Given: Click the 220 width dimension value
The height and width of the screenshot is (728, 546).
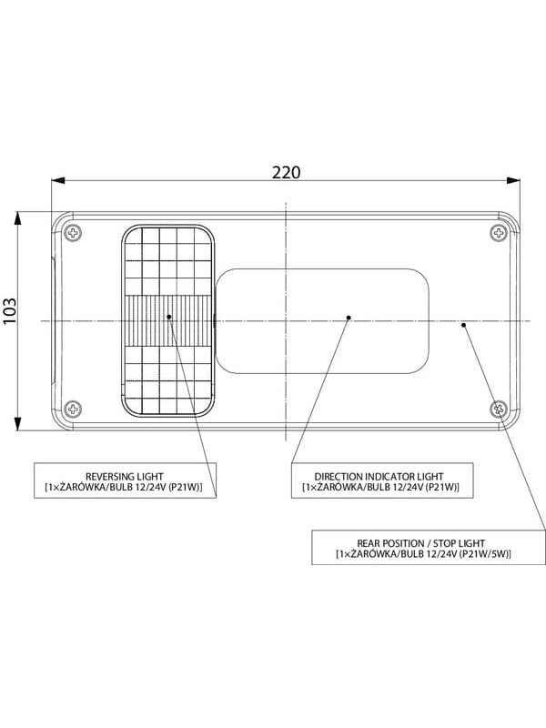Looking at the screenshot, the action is pyautogui.click(x=286, y=172).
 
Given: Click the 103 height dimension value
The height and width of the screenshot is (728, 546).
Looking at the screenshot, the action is pyautogui.click(x=10, y=310).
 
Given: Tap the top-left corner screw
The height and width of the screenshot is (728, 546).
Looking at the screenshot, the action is pyautogui.click(x=73, y=233).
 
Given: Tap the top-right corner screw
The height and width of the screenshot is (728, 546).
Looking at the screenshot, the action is pyautogui.click(x=498, y=232).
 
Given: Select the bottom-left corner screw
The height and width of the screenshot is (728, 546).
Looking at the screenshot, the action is pyautogui.click(x=73, y=409).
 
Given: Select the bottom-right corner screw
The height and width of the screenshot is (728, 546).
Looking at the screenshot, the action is pyautogui.click(x=499, y=409).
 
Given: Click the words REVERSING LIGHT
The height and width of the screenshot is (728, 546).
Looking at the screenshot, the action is pyautogui.click(x=125, y=476).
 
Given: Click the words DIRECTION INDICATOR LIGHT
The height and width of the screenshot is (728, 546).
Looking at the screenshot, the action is pyautogui.click(x=379, y=476).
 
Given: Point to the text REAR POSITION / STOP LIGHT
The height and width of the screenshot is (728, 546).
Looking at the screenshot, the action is pyautogui.click(x=421, y=543).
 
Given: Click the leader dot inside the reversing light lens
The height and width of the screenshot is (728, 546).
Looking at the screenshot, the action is pyautogui.click(x=169, y=317).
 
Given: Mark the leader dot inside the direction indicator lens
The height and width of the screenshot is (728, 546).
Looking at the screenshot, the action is pyautogui.click(x=349, y=318).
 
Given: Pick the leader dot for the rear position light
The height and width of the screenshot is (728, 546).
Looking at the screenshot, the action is pyautogui.click(x=463, y=325).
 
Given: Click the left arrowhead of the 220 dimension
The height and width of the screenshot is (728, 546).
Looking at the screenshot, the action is pyautogui.click(x=57, y=180).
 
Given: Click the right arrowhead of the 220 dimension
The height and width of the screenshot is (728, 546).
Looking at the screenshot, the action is pyautogui.click(x=513, y=180).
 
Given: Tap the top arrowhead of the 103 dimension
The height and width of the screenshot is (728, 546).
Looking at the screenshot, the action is pyautogui.click(x=17, y=218).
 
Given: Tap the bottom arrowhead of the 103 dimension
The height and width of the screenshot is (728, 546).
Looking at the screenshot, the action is pyautogui.click(x=17, y=424).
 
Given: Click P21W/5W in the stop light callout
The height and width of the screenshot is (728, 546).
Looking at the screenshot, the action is pyautogui.click(x=485, y=554).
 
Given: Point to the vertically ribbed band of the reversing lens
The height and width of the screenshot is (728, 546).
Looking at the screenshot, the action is pyautogui.click(x=168, y=320).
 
